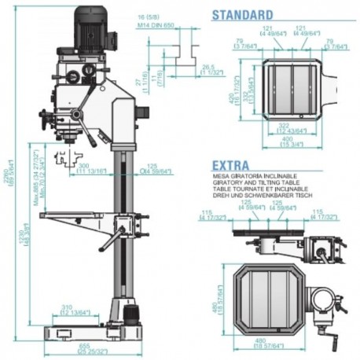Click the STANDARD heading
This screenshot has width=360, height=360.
point(243,14)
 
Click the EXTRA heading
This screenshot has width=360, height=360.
point(230,165)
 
